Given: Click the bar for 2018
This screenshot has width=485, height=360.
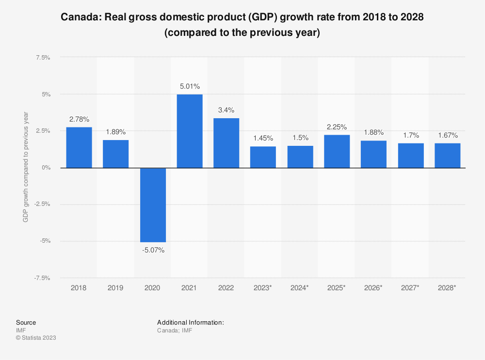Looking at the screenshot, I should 79,147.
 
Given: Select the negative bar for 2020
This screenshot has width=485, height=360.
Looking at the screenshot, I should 153,205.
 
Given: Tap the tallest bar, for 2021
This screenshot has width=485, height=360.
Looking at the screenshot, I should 190,131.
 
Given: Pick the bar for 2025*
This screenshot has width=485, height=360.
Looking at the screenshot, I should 337,151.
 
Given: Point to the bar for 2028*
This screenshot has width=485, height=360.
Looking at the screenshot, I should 448,155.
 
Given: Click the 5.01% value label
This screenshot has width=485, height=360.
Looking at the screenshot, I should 190,86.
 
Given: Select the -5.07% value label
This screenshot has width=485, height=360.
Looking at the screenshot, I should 153,250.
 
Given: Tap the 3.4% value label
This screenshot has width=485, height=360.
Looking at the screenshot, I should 226,110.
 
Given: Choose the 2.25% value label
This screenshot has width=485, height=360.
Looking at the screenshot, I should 337,127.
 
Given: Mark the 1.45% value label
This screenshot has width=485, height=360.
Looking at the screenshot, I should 263,139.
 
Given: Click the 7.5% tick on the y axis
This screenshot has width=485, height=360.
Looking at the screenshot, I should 43,58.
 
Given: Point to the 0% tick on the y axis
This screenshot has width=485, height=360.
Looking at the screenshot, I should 47,168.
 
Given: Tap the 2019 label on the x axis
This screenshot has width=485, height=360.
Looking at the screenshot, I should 115,288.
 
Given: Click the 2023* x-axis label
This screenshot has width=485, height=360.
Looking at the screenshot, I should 263,288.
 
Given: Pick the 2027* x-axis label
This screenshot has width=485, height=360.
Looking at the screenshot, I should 411,288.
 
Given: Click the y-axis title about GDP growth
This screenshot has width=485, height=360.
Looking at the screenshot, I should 26,168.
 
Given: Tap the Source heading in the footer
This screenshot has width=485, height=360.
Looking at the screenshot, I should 26,322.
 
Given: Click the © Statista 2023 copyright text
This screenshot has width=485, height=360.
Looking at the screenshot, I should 36,338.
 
